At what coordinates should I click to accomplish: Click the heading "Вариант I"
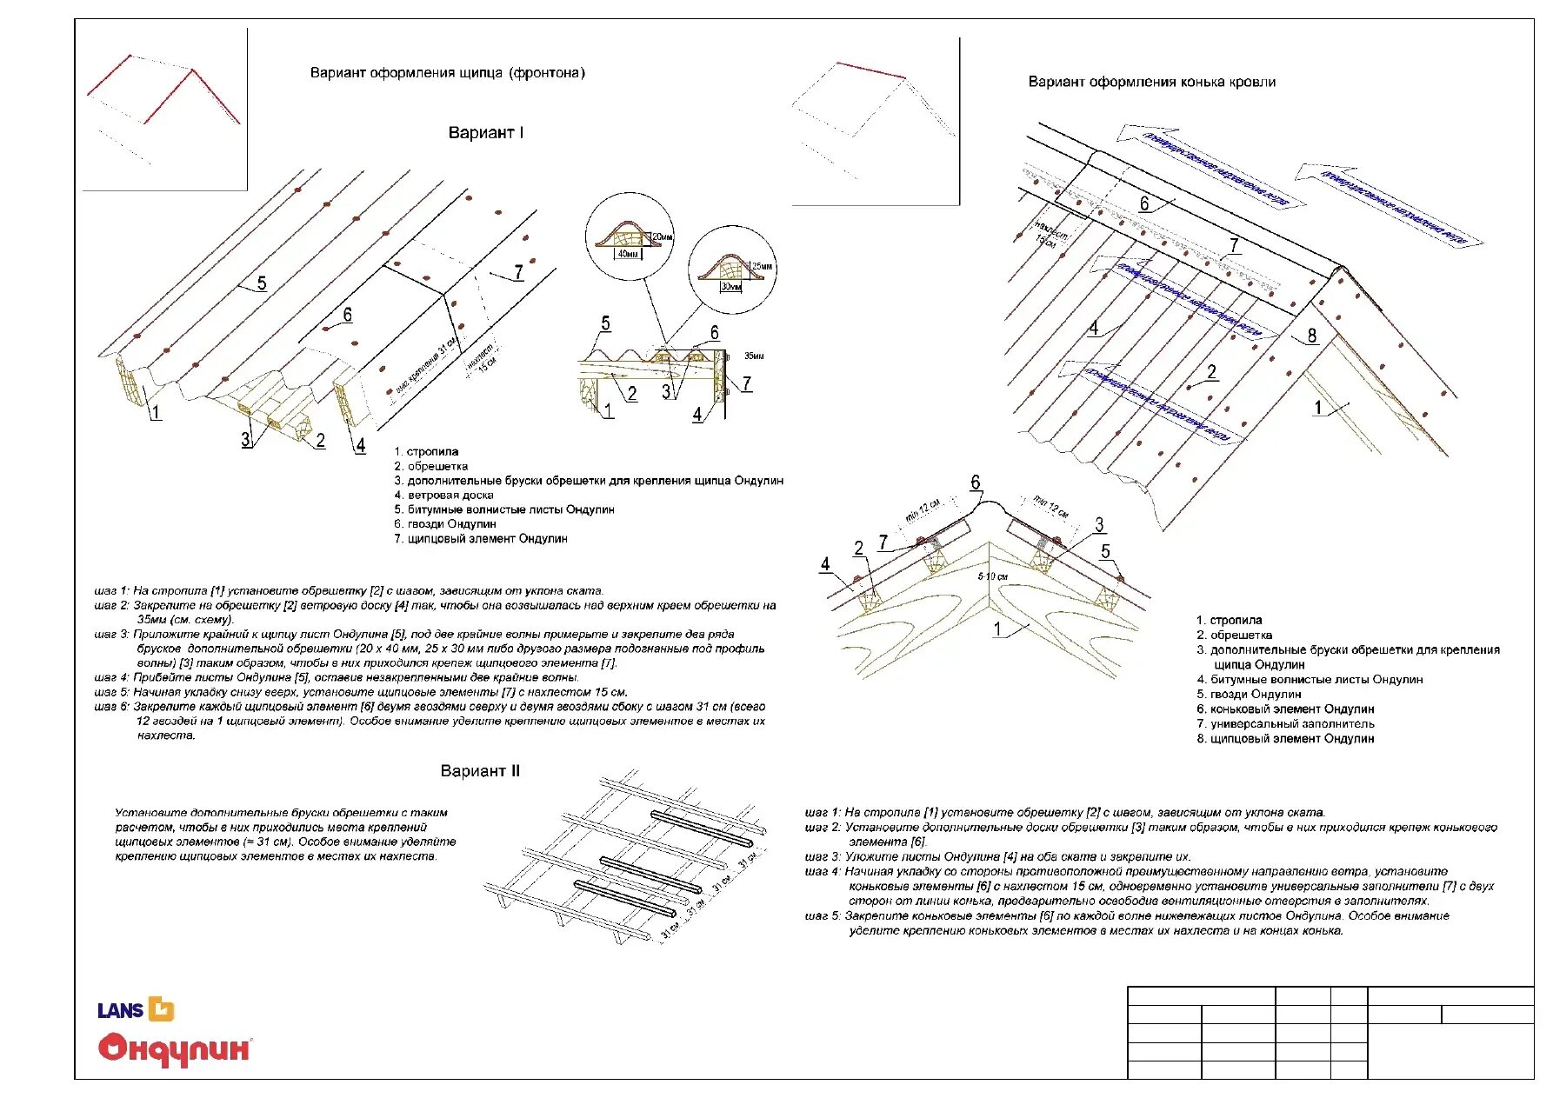[485, 133]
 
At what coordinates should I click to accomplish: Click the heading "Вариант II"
[479, 771]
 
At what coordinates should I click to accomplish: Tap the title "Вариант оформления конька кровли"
[1151, 83]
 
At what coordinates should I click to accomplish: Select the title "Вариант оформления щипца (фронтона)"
[447, 73]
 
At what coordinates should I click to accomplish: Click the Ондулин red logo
[174, 1048]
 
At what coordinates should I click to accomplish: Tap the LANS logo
[136, 1009]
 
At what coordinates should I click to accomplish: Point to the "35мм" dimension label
[753, 356]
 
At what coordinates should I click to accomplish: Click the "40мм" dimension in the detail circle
[627, 255]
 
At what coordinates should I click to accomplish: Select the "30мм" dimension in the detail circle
[731, 286]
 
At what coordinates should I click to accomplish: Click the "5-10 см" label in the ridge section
[992, 576]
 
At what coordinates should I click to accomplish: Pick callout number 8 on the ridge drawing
[1311, 336]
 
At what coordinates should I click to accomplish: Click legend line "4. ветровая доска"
[443, 496]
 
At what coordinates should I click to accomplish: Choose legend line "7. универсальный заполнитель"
[1285, 724]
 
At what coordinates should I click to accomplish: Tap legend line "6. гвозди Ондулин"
[444, 524]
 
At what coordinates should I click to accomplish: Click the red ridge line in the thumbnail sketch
[870, 70]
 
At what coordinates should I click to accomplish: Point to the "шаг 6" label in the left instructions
[111, 707]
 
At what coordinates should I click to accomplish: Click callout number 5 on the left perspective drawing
[261, 283]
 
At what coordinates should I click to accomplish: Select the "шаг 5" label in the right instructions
[822, 915]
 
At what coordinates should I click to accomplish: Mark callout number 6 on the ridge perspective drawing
[1143, 203]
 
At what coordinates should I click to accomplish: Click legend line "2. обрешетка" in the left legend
[430, 467]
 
